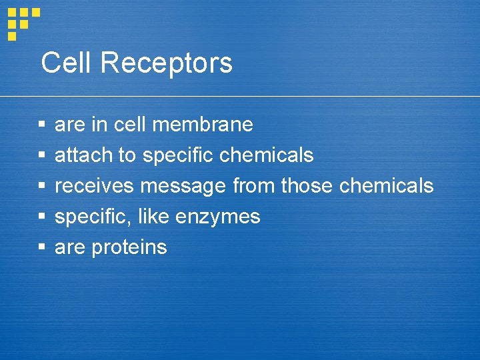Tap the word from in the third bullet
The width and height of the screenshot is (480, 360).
click(254, 186)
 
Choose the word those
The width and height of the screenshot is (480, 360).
click(307, 186)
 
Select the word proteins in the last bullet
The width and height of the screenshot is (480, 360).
click(129, 247)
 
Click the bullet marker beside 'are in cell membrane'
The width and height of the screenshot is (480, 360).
click(41, 125)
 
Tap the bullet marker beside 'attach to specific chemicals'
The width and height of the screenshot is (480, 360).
click(41, 155)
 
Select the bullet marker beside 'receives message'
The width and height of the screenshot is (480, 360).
click(41, 186)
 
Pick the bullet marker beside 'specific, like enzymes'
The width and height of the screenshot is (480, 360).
click(41, 217)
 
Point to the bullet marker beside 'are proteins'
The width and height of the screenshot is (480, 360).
click(41, 247)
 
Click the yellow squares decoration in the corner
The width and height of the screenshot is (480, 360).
click(23, 23)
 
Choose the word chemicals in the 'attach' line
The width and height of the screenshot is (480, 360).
click(266, 155)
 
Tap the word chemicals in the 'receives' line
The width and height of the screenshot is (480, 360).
click(386, 186)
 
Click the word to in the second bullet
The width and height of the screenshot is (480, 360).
click(127, 155)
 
